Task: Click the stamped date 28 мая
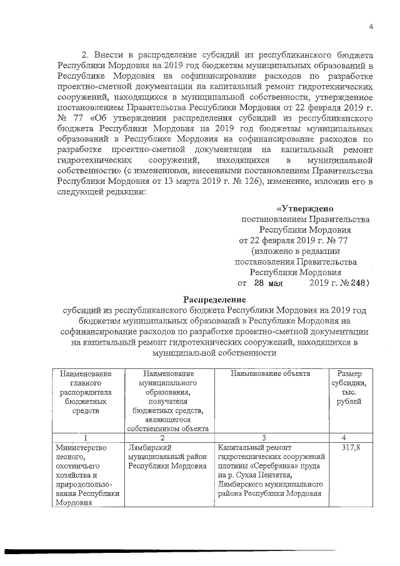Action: click(x=268, y=283)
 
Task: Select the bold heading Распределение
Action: click(x=214, y=299)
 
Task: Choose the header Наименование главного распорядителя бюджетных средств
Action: click(x=84, y=392)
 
